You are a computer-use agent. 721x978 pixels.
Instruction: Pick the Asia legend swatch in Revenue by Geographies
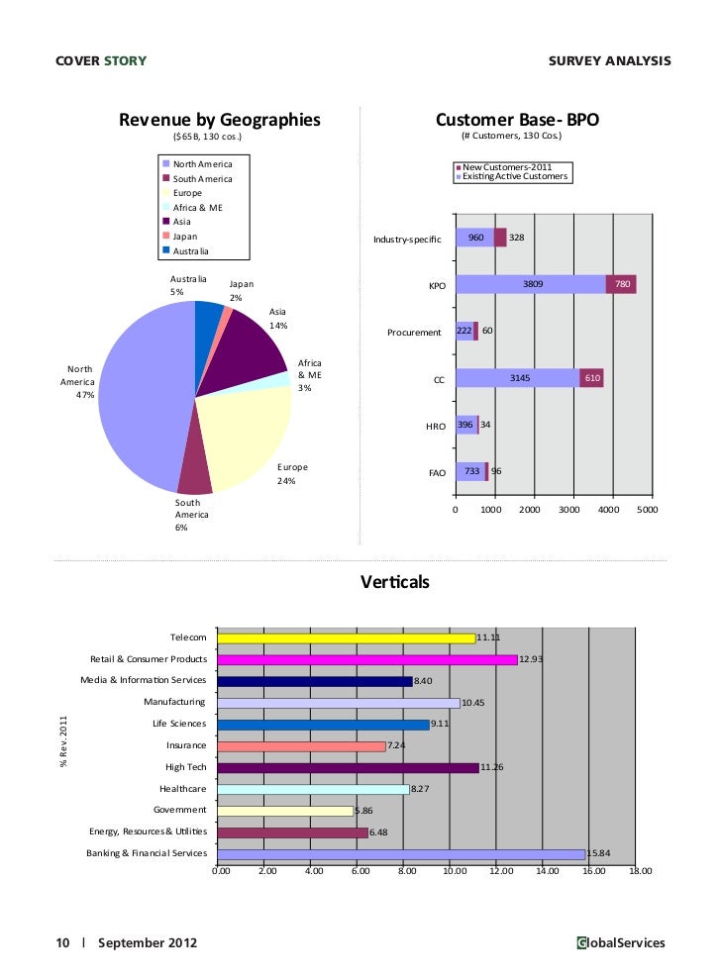click(x=166, y=221)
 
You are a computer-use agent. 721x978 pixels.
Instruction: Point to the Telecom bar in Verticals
click(x=347, y=638)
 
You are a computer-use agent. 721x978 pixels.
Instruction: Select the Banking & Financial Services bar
click(x=401, y=854)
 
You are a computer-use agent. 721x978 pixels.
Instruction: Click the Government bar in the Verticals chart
click(x=285, y=811)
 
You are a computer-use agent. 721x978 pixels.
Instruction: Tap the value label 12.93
click(x=532, y=659)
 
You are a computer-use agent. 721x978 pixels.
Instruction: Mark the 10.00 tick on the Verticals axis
click(x=454, y=872)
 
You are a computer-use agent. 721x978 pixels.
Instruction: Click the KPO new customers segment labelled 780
click(x=621, y=285)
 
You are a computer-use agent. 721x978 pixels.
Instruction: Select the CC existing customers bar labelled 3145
click(x=517, y=378)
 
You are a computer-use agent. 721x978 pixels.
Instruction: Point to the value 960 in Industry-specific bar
click(x=475, y=239)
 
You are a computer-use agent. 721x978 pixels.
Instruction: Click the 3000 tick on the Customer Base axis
click(x=569, y=510)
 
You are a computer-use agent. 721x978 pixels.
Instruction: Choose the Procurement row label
click(x=414, y=333)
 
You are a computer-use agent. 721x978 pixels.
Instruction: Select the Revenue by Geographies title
click(x=220, y=121)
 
